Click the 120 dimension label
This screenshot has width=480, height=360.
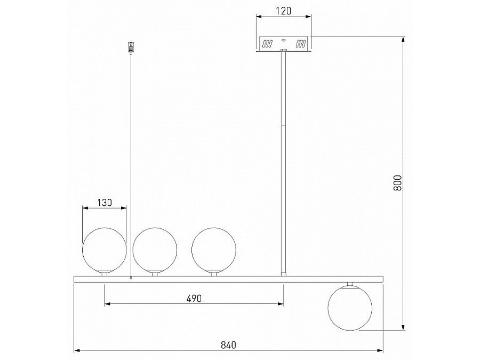(x=283, y=11)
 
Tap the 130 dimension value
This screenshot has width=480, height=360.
(x=105, y=203)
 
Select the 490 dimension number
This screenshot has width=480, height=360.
(x=194, y=299)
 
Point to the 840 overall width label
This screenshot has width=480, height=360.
(x=228, y=345)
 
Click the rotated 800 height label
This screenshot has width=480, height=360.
(x=397, y=183)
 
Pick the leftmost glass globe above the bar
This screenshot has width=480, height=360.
(x=105, y=250)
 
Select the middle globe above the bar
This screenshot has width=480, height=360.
(x=155, y=250)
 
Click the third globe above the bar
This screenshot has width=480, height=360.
(x=214, y=250)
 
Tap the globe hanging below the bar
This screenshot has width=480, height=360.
(x=350, y=308)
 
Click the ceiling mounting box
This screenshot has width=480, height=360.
(x=284, y=44)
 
